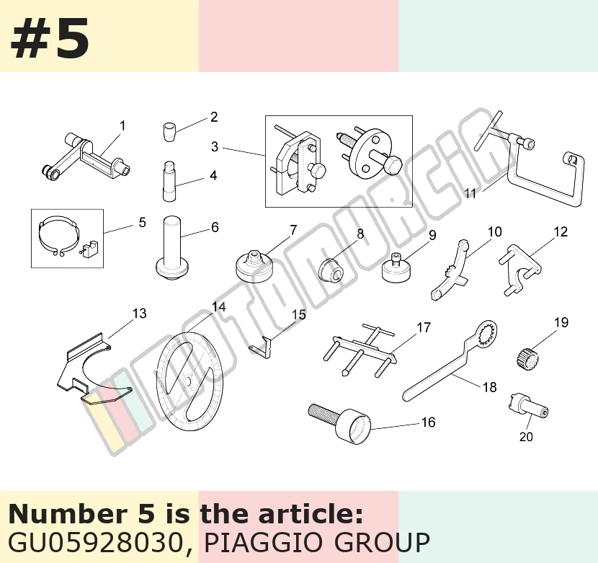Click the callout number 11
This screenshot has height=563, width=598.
click(470, 193)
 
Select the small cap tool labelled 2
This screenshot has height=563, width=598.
click(168, 131)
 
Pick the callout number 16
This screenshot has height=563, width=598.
click(428, 422)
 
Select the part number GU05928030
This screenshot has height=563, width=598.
click(95, 542)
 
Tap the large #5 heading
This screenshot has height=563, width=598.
click(50, 38)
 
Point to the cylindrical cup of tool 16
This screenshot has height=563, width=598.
click(354, 426)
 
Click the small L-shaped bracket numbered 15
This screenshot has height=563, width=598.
click(262, 347)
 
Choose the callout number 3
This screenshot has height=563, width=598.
click(215, 146)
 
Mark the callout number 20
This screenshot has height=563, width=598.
click(526, 436)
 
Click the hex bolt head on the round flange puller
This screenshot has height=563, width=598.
click(393, 165)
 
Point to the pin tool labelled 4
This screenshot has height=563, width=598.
click(169, 182)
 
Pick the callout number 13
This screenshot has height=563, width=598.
click(140, 314)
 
